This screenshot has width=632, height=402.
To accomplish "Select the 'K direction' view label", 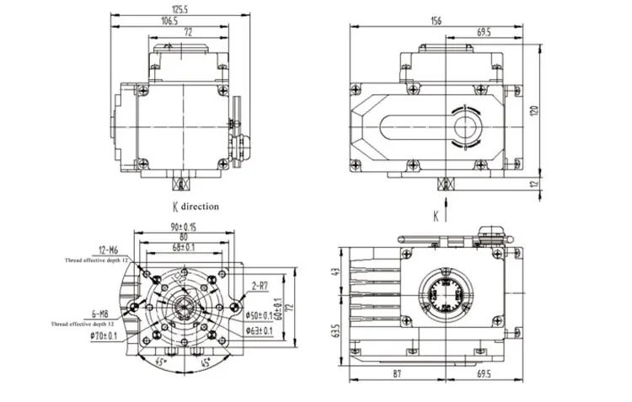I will point(195,206).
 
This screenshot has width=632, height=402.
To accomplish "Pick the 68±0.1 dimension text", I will point(183,247).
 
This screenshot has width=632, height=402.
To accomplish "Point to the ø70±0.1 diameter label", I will point(105,335).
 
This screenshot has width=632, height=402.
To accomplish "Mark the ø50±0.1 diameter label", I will point(257,315).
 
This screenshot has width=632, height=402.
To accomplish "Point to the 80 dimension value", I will point(183,238).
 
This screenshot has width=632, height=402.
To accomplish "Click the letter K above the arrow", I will point(435,216).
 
